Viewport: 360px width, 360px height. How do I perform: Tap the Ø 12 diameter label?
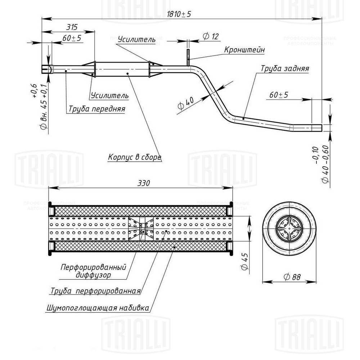point(211,36)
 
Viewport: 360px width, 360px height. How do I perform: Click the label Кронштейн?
point(244,50)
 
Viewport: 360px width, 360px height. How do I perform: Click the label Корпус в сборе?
point(135,157)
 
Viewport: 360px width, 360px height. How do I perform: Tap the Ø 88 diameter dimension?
point(292,277)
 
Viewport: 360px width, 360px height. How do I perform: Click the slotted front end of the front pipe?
point(46,69)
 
